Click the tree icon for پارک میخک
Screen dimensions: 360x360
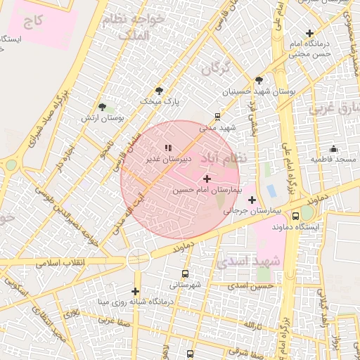(x=159, y=91)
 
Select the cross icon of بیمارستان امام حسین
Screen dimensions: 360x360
(x=206, y=179)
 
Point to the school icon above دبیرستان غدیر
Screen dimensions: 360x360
(x=167, y=148)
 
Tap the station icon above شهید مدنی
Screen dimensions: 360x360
(x=217, y=117)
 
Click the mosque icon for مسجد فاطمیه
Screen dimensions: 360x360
(x=333, y=149)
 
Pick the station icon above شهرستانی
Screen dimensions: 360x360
(x=185, y=274)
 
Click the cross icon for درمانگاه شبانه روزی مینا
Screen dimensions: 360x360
(x=135, y=291)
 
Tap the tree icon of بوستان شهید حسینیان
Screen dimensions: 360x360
(x=259, y=80)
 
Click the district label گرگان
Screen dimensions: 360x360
(x=216, y=69)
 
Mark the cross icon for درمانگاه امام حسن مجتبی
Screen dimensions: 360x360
(x=309, y=33)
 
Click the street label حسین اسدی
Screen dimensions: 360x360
(x=256, y=286)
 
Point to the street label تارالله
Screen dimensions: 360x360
(x=253, y=326)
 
